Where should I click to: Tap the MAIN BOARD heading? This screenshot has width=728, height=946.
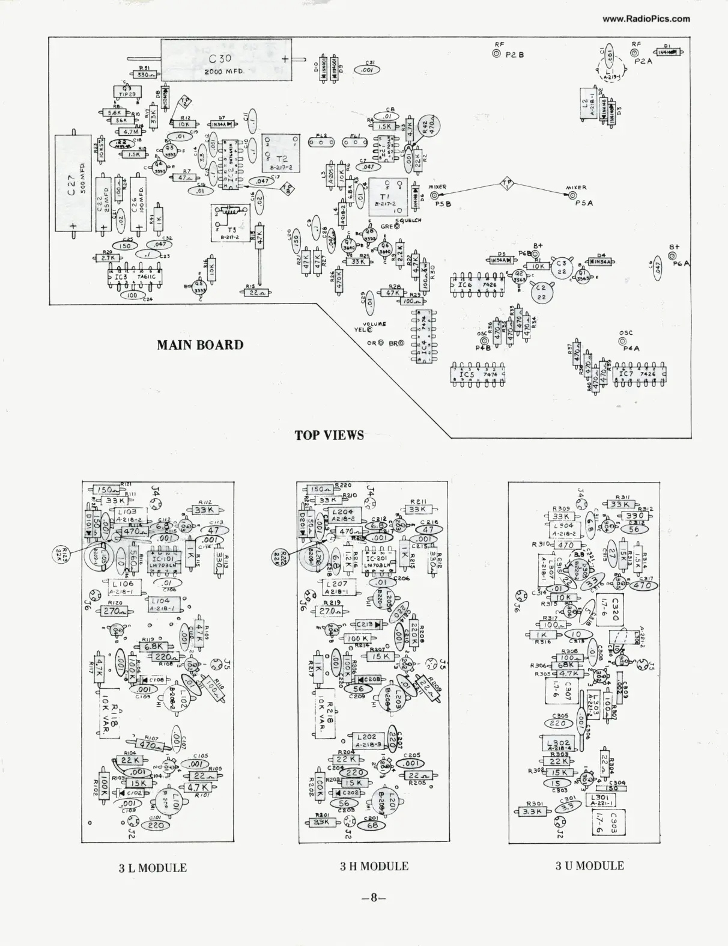(200, 345)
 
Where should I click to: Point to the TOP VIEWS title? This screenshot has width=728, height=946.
(329, 435)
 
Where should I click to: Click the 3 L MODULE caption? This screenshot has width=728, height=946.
(153, 868)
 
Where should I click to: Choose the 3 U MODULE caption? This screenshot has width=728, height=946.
(589, 865)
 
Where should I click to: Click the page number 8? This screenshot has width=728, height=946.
(373, 899)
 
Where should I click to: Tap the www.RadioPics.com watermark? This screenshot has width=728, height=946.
(646, 19)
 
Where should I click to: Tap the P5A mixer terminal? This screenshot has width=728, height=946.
(572, 195)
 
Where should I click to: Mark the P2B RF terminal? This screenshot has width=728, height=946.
(496, 54)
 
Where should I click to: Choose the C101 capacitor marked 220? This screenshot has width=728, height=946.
(155, 825)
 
